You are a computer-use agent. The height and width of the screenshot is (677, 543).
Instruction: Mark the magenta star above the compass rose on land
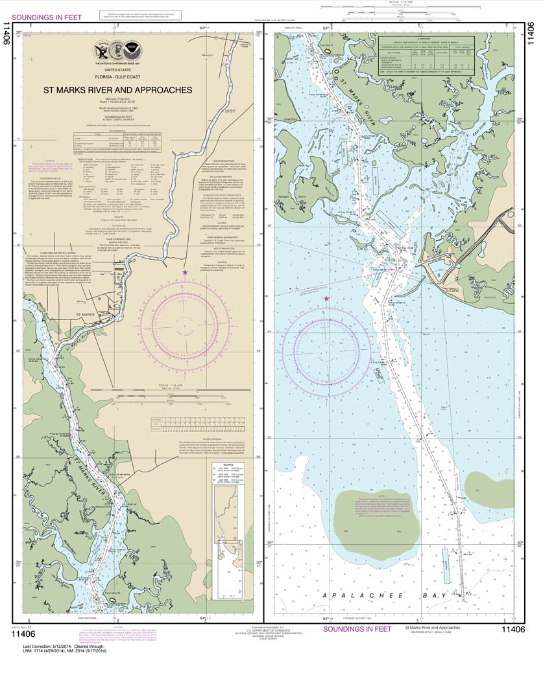point(186,273)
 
